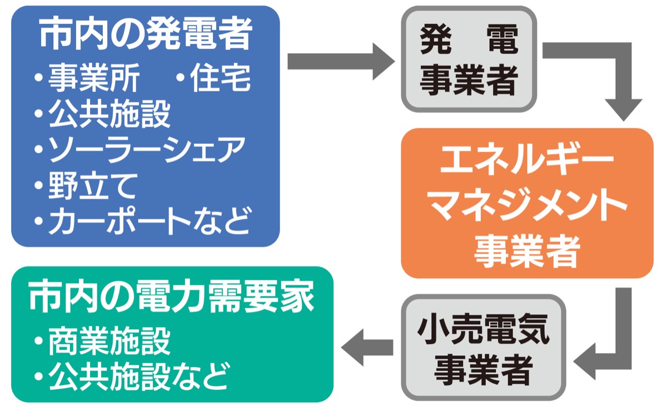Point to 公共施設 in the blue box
pyautogui.click(x=109, y=115)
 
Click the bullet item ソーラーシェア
pyautogui.click(x=146, y=149)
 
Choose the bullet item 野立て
pyautogui.click(x=92, y=185)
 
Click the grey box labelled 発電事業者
pyautogui.click(x=469, y=61)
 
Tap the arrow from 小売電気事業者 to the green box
pyautogui.click(x=366, y=348)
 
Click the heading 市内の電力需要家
pyautogui.click(x=171, y=298)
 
